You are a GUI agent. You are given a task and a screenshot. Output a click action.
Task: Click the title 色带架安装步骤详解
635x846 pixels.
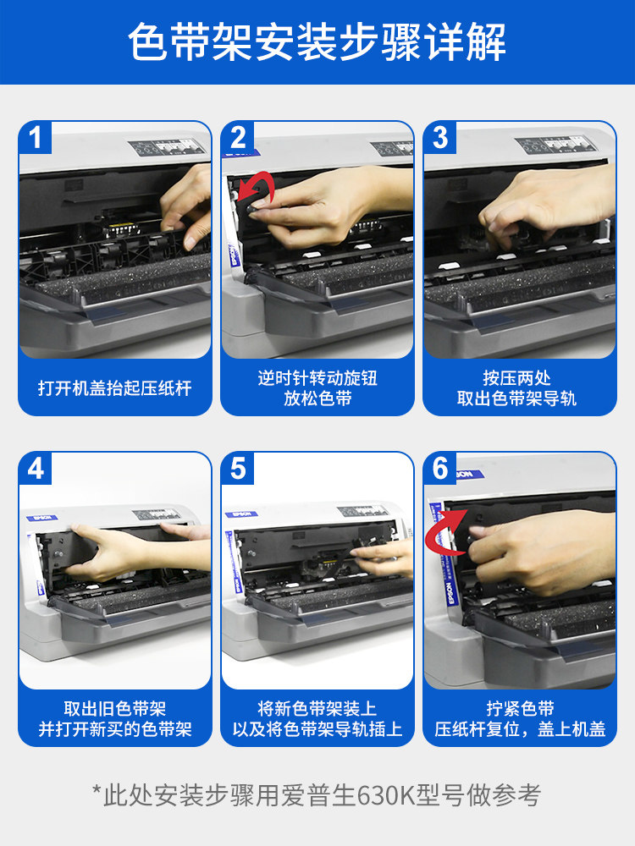[x=317, y=41]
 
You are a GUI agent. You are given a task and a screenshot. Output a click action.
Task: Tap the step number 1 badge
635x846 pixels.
[x=35, y=137]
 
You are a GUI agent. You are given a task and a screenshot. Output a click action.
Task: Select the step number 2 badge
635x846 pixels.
[x=238, y=137]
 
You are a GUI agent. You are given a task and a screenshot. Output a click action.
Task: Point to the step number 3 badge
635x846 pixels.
[x=440, y=137]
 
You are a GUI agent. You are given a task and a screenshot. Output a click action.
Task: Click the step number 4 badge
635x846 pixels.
[x=35, y=469]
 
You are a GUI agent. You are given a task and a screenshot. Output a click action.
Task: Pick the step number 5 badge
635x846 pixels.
[x=238, y=469]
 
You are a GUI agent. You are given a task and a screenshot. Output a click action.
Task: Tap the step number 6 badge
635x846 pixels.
[x=440, y=469]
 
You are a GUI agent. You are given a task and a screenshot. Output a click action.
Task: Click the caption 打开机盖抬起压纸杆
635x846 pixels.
[x=115, y=387]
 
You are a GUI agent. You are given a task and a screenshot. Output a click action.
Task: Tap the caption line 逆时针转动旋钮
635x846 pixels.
[x=317, y=377]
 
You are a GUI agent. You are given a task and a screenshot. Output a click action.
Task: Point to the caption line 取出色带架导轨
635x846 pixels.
[x=516, y=398]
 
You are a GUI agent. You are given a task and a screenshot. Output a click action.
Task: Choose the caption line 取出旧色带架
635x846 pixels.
[x=115, y=708]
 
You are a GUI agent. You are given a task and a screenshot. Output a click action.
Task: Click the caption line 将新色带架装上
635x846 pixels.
[x=317, y=708]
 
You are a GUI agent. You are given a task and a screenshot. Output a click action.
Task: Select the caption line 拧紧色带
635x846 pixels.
[x=520, y=708]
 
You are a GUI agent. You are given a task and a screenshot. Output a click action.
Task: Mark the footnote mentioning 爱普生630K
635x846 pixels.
[x=317, y=794]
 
